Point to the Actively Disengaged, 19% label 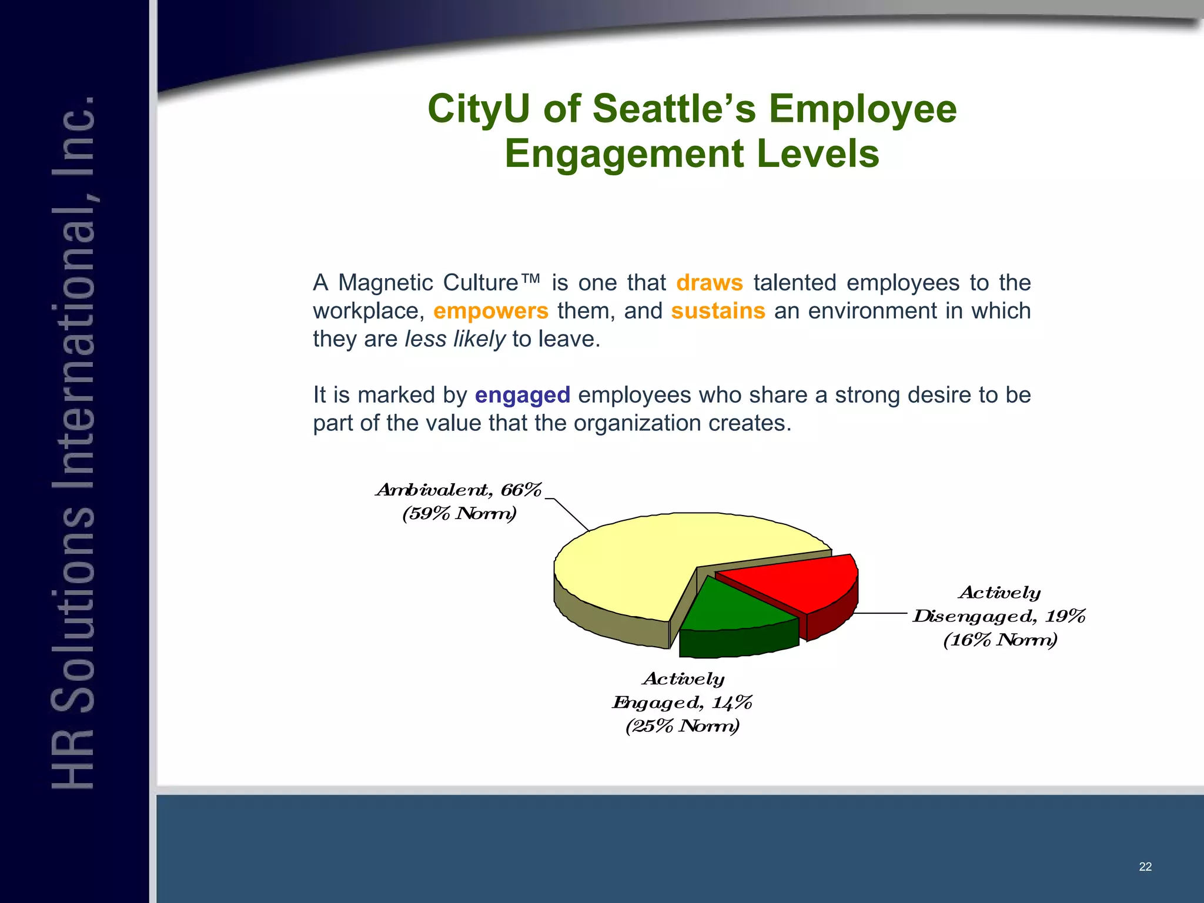click(x=999, y=616)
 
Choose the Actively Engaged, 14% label click(x=683, y=703)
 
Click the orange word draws click(x=709, y=283)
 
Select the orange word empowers click(x=490, y=311)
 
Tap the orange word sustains click(x=718, y=311)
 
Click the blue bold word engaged click(x=522, y=396)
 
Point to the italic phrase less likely click(x=454, y=339)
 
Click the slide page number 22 click(x=1145, y=867)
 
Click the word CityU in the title click(x=479, y=109)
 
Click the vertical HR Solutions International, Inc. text click(x=73, y=441)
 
